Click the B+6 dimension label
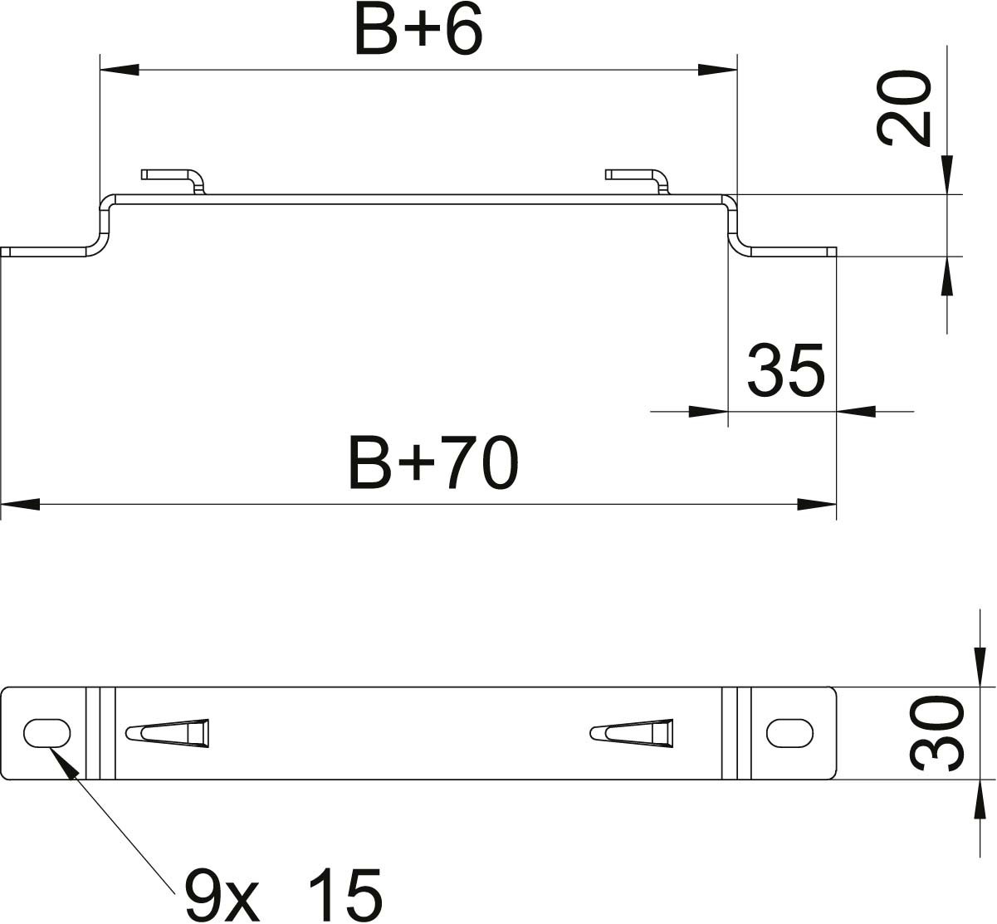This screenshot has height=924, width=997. click(418, 30)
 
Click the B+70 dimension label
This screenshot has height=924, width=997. click(433, 462)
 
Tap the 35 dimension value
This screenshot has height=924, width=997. click(785, 370)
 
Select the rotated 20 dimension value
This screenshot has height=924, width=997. click(904, 108)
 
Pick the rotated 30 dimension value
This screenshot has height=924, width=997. click(937, 733)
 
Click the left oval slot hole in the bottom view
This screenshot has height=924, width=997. click(46, 733)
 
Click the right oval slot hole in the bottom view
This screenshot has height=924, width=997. click(789, 733)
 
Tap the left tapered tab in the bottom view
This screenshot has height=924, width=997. click(167, 733)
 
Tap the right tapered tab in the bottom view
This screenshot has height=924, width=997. click(632, 733)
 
